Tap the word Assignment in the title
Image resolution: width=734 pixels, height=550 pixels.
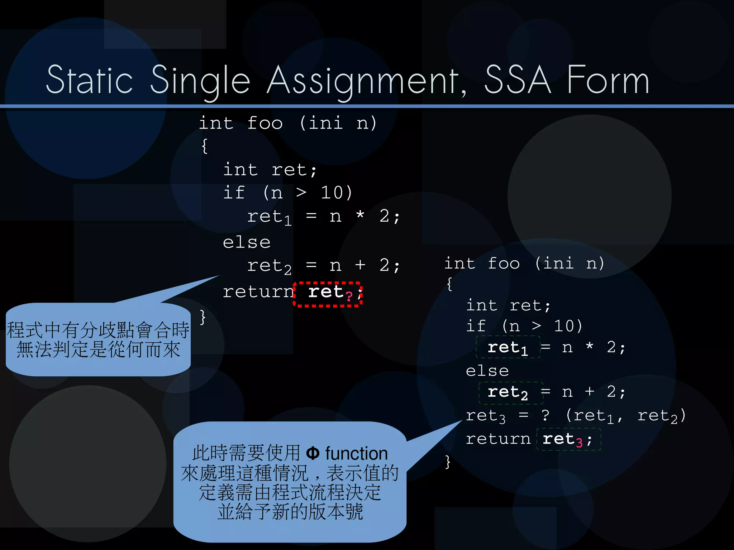click(x=366, y=81)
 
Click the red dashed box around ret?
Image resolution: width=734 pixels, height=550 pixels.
click(x=328, y=294)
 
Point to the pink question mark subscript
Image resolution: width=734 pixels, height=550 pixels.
click(x=349, y=296)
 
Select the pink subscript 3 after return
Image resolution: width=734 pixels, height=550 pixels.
click(x=579, y=443)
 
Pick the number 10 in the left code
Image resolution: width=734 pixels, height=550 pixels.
click(x=332, y=193)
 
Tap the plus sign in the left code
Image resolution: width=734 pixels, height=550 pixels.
click(x=360, y=265)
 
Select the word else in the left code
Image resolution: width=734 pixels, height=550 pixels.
click(x=247, y=242)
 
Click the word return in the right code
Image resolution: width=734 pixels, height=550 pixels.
click(x=498, y=439)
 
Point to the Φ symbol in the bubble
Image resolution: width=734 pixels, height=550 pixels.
click(x=313, y=453)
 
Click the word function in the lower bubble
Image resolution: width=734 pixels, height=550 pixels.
click(x=356, y=454)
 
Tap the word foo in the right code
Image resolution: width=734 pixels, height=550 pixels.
click(x=504, y=264)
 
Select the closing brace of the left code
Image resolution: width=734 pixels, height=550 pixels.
click(x=203, y=317)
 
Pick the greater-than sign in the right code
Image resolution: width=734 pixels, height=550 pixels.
click(x=536, y=326)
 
